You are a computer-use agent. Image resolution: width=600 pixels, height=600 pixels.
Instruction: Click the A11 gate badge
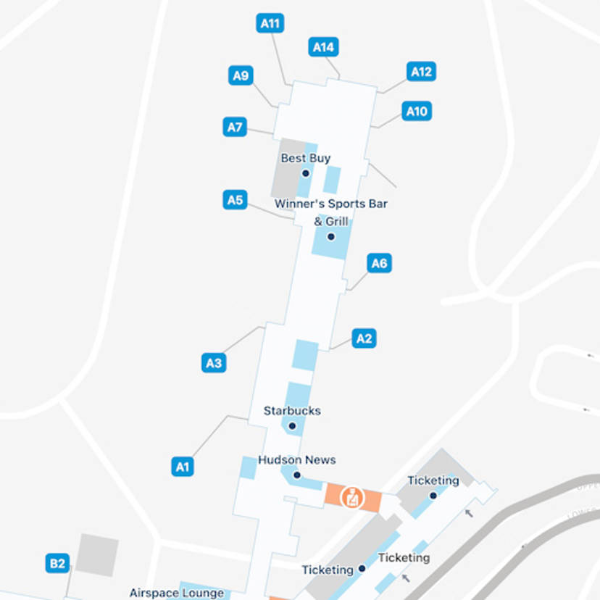pyautogui.click(x=270, y=23)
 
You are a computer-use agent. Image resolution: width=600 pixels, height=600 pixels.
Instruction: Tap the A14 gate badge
pyautogui.click(x=323, y=47)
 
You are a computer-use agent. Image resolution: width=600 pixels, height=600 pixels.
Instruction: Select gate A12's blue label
pyautogui.click(x=421, y=71)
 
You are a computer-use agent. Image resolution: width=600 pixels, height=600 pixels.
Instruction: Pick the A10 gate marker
pyautogui.click(x=417, y=111)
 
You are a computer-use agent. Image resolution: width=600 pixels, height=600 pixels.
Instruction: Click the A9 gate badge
pyautogui.click(x=241, y=75)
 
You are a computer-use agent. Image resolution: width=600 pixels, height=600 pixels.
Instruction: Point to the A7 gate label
pyautogui.click(x=235, y=128)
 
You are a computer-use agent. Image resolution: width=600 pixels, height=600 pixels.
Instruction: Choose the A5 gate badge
pyautogui.click(x=236, y=199)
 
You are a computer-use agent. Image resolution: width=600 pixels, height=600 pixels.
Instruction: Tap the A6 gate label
pyautogui.click(x=379, y=263)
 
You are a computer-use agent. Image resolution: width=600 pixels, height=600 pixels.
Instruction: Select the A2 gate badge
pyautogui.click(x=364, y=338)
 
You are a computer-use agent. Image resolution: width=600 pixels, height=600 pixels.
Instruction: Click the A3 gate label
pyautogui.click(x=214, y=363)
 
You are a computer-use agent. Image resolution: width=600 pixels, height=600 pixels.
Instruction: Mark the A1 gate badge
pyautogui.click(x=183, y=466)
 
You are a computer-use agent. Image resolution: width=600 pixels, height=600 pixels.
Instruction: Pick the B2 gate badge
pyautogui.click(x=57, y=563)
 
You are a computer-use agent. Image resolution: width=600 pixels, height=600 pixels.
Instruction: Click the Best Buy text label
pyautogui.click(x=306, y=158)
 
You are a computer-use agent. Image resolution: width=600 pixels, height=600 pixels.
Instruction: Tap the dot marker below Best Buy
pyautogui.click(x=306, y=173)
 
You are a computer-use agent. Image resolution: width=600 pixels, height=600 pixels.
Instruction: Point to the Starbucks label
pyautogui.click(x=292, y=410)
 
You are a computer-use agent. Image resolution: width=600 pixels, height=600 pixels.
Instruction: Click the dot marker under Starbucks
pyautogui.click(x=292, y=426)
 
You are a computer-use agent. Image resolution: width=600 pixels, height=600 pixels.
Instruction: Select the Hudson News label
pyautogui.click(x=297, y=459)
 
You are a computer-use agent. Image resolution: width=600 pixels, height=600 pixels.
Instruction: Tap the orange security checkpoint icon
pyautogui.click(x=351, y=497)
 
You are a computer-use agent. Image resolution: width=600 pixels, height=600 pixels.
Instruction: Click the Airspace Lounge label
pyautogui.click(x=177, y=593)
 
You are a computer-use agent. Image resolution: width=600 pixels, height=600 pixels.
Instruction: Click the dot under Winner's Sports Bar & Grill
pyautogui.click(x=331, y=237)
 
